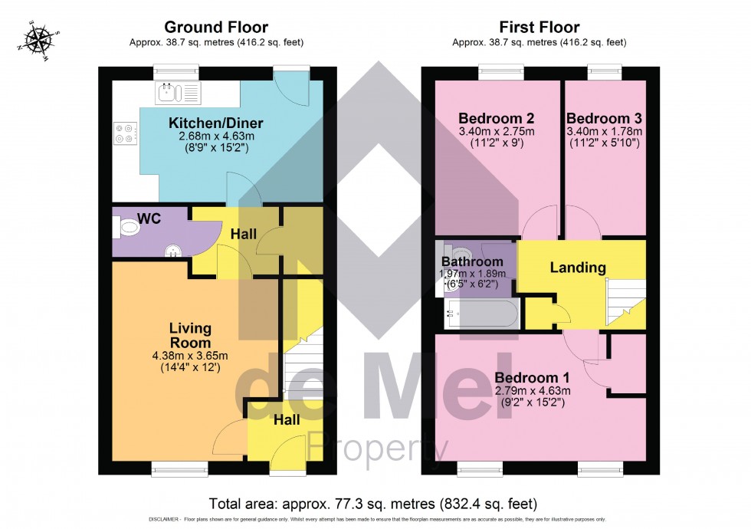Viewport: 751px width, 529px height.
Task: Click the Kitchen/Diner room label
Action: click(x=215, y=123)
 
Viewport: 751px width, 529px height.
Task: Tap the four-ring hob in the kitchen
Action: click(x=126, y=134)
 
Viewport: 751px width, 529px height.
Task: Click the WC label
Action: click(x=150, y=219)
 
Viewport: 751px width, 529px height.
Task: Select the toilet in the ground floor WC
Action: click(x=126, y=228)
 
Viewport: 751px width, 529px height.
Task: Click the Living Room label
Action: click(x=190, y=335)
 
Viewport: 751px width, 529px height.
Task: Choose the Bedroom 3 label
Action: click(x=604, y=119)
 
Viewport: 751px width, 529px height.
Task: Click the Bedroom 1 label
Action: click(x=532, y=378)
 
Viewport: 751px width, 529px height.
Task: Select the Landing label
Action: click(x=578, y=268)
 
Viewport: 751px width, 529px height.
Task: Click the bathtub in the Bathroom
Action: click(x=481, y=314)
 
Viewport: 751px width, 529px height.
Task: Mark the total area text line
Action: click(x=373, y=504)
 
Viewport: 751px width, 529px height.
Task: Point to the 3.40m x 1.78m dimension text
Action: click(x=604, y=131)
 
